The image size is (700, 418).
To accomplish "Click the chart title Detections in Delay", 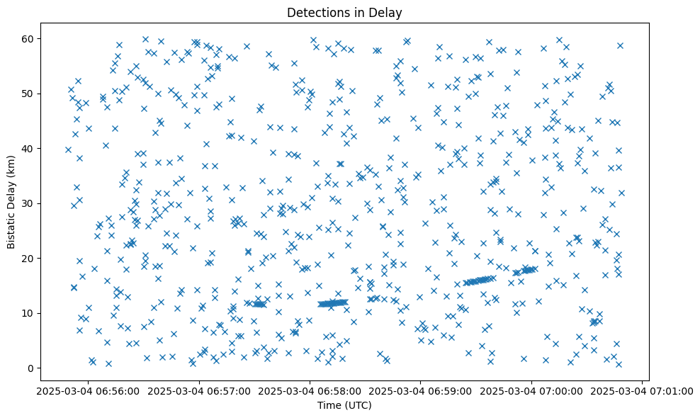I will [344, 12].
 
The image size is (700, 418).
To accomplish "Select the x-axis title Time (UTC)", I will [344, 405].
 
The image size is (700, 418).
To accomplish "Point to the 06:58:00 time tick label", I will [310, 390].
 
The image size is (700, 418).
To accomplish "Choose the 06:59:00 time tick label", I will [421, 390].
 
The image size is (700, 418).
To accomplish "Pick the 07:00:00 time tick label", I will [531, 390].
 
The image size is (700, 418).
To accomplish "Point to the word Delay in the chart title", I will [386, 12].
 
